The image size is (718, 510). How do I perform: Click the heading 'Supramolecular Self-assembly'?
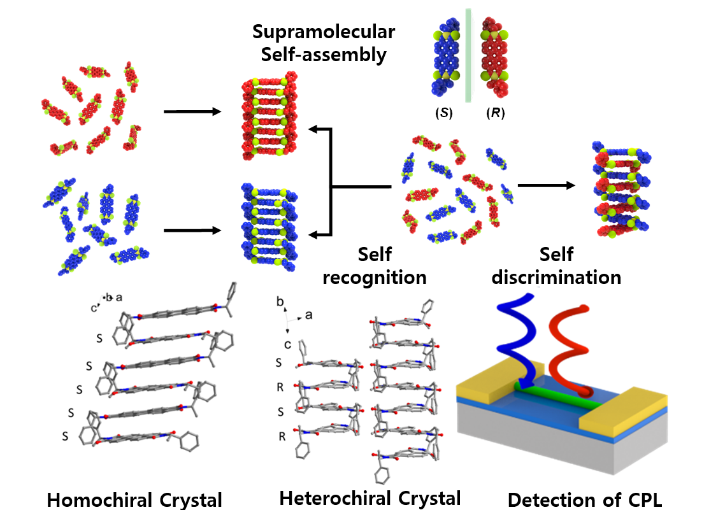coord(323,43)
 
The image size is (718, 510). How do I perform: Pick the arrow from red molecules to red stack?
coord(192,112)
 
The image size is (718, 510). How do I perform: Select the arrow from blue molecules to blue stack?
coord(192,230)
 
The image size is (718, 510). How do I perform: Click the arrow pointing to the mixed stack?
coord(546,185)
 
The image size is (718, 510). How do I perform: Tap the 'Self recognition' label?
coord(374,266)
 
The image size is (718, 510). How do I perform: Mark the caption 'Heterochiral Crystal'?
coord(370,497)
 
